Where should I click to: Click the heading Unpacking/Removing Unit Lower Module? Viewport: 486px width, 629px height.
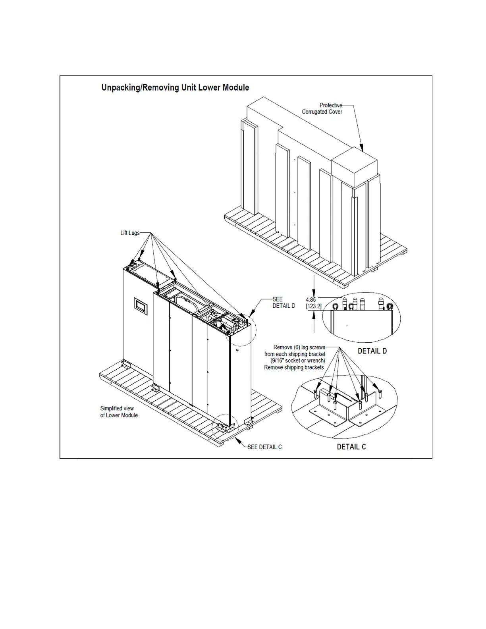click(175, 87)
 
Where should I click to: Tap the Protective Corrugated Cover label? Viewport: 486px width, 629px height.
click(322, 108)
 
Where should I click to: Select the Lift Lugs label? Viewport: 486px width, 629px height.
click(130, 233)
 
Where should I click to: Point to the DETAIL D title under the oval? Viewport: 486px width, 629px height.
click(372, 351)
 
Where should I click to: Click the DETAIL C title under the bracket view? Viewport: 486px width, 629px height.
click(351, 447)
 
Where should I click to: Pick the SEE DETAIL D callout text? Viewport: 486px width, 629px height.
click(283, 303)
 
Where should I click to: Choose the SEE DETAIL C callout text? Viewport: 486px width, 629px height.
click(264, 447)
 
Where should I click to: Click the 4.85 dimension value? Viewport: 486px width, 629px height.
click(311, 300)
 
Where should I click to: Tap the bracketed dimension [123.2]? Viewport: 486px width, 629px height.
click(314, 307)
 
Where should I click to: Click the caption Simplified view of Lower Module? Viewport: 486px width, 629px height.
click(119, 412)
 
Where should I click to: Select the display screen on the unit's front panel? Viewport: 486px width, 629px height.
click(141, 306)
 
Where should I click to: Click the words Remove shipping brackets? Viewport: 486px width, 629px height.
click(294, 367)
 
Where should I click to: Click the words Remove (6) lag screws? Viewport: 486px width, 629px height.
click(299, 347)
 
